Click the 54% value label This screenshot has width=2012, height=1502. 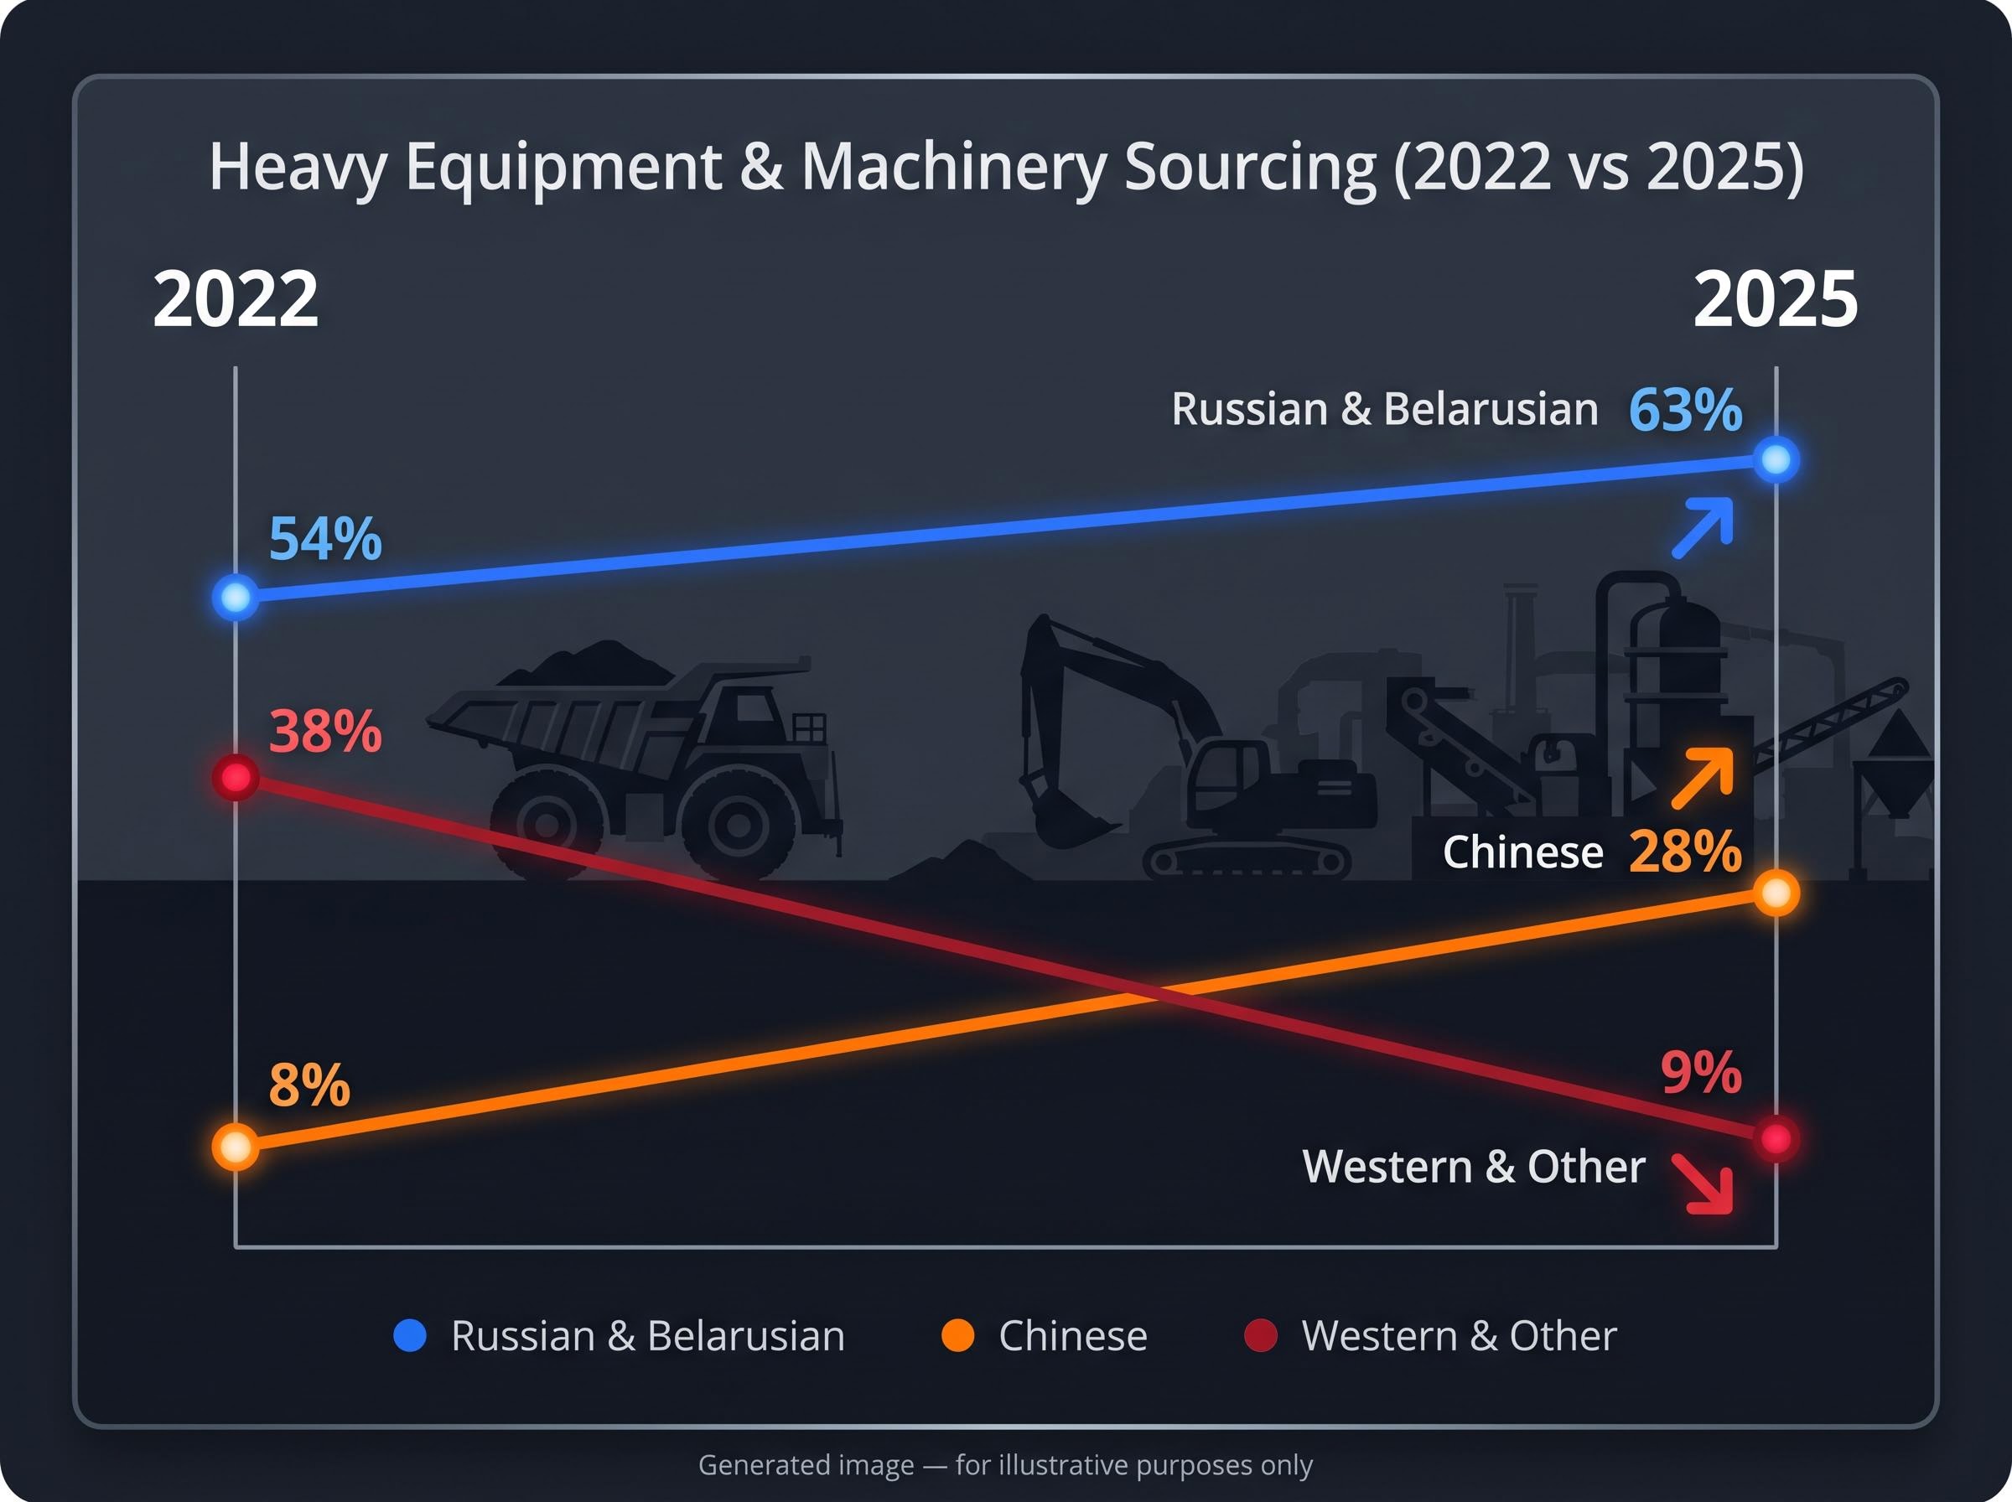click(324, 538)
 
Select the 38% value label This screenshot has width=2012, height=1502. click(324, 731)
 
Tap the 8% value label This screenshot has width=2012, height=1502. click(309, 1085)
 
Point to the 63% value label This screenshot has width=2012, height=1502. click(1685, 409)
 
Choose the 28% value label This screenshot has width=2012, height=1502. click(1685, 852)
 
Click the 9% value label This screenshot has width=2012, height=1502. click(1701, 1073)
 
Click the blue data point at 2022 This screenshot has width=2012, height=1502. click(236, 598)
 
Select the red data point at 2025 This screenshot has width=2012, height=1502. click(1776, 1138)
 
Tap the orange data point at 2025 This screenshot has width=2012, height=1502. click(1776, 893)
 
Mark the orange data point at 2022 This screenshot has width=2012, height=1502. click(236, 1147)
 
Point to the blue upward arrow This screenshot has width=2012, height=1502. click(1703, 527)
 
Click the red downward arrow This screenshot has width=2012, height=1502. click(1703, 1183)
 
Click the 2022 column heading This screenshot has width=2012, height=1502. click(236, 299)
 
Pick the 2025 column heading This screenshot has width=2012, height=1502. click(1776, 299)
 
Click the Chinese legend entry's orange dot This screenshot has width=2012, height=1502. click(957, 1335)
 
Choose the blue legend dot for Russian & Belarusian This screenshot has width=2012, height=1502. click(409, 1335)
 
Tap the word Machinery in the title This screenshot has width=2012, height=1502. click(955, 168)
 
